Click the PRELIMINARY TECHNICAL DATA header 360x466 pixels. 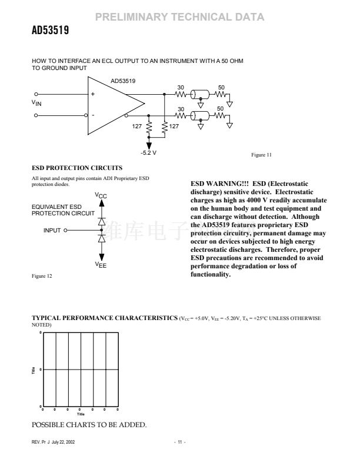click(180, 18)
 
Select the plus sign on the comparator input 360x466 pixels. click(92, 94)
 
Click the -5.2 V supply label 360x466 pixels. click(148, 152)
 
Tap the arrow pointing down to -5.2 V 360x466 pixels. click(148, 144)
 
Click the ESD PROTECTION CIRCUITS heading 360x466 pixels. click(69, 168)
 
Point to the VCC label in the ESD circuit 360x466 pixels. click(101, 195)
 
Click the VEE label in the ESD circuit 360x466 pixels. click(101, 266)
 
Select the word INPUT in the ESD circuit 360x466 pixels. click(52, 230)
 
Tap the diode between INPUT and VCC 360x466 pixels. click(101, 221)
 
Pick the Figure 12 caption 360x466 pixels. click(42, 276)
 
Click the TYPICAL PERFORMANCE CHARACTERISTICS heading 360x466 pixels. click(104, 318)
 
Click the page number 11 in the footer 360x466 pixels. click(179, 442)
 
